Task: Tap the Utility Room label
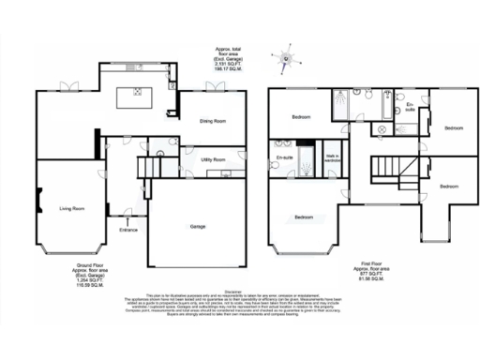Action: coord(213,160)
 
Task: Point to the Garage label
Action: coord(198,226)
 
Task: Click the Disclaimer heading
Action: coord(240,291)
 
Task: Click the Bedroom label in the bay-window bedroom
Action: coord(303,217)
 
